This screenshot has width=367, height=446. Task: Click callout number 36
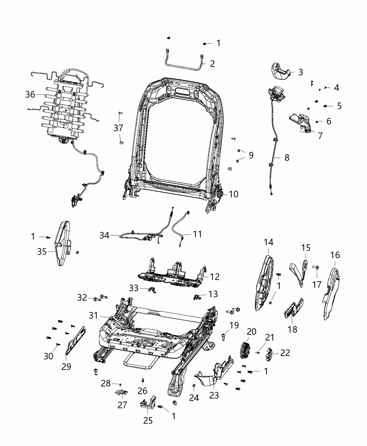click(30, 94)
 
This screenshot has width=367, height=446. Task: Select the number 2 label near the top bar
click(212, 64)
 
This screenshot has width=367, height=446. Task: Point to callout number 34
click(105, 236)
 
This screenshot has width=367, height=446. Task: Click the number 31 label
click(93, 316)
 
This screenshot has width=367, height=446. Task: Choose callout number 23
click(214, 395)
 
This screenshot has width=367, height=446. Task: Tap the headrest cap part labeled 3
click(282, 72)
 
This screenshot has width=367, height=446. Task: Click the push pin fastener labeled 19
click(224, 337)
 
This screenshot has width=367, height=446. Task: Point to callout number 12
click(215, 277)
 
